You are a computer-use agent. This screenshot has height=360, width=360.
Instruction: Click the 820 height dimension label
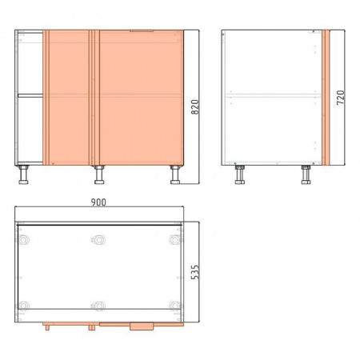pos(195,107)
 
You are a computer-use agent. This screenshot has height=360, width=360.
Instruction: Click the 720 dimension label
pos(341,98)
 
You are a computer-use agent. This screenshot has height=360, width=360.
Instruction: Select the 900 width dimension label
pos(98,202)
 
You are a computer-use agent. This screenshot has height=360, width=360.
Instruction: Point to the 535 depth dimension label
pos(195,272)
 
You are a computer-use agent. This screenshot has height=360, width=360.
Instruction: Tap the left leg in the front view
pos(23,174)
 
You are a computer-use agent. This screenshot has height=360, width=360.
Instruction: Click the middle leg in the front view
pos(99,174)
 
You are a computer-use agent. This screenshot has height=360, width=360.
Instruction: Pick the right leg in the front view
pos(175,174)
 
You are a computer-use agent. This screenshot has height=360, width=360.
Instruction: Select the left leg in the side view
pos(240,174)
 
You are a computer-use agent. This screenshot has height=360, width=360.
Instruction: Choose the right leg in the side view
pos(306,174)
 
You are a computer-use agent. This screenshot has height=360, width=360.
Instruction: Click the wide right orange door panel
pos(142,98)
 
